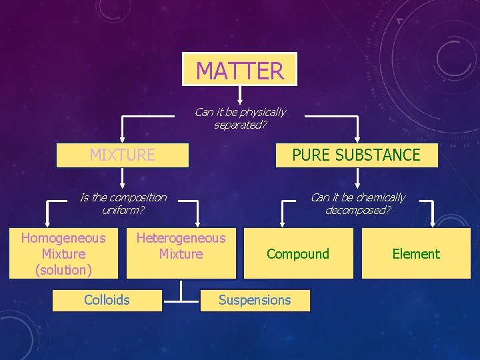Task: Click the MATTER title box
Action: point(240,69)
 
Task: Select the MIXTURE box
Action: point(122,155)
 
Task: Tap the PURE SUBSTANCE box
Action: point(357,155)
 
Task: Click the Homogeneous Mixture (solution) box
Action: point(63,253)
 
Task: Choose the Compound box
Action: point(298,253)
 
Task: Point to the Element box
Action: point(416,253)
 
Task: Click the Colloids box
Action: point(107,300)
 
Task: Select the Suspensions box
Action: point(255,300)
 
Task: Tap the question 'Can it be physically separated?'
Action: point(240,118)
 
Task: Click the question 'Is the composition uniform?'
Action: point(123,203)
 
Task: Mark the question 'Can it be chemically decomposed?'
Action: point(357,203)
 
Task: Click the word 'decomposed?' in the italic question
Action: point(358,210)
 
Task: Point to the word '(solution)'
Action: point(63,270)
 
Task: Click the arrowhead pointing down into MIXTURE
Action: point(122,139)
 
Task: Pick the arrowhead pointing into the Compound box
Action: point(283,223)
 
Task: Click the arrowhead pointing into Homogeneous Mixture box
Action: point(47,223)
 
